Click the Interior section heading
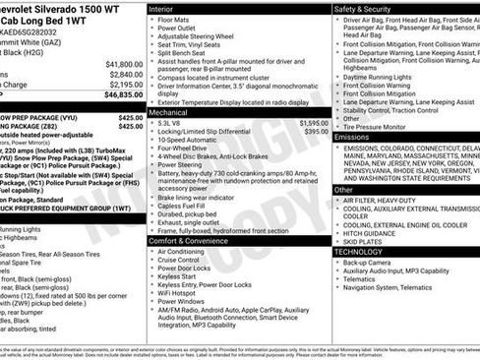pyautogui.click(x=162, y=8)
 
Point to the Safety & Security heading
pyautogui.click(x=370, y=8)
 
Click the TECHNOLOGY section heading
pyautogui.click(x=361, y=252)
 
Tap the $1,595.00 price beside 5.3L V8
pyautogui.click(x=312, y=123)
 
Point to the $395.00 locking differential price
pyautogui.click(x=315, y=132)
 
